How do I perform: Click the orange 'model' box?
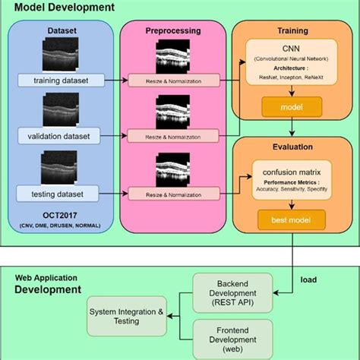(289, 108)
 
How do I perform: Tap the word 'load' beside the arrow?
(308, 279)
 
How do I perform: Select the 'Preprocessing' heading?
(173, 32)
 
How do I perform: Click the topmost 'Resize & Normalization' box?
(172, 81)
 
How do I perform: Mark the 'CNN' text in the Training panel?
(289, 47)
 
